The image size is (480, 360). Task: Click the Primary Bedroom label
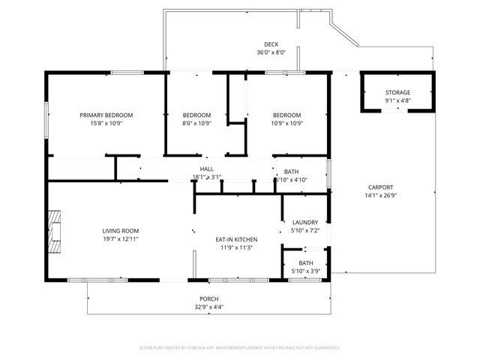click(106, 115)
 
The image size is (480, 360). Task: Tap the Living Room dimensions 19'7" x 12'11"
click(121, 238)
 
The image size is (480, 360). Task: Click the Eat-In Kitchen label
click(236, 239)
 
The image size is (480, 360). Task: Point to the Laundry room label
click(306, 222)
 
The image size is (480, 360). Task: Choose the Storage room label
click(397, 92)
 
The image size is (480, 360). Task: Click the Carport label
click(381, 187)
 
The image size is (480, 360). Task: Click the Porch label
click(209, 298)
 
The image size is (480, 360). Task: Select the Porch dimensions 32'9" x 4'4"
click(209, 307)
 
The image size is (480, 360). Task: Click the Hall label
click(207, 169)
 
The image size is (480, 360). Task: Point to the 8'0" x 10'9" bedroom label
click(196, 115)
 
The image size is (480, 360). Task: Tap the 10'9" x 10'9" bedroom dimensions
click(286, 123)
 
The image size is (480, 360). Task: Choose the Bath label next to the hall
click(291, 172)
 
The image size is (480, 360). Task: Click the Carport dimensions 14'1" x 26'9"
click(381, 196)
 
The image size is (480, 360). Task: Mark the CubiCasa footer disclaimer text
click(240, 348)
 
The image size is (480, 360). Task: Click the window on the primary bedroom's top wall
click(127, 72)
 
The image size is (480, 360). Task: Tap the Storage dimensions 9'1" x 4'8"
click(397, 100)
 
